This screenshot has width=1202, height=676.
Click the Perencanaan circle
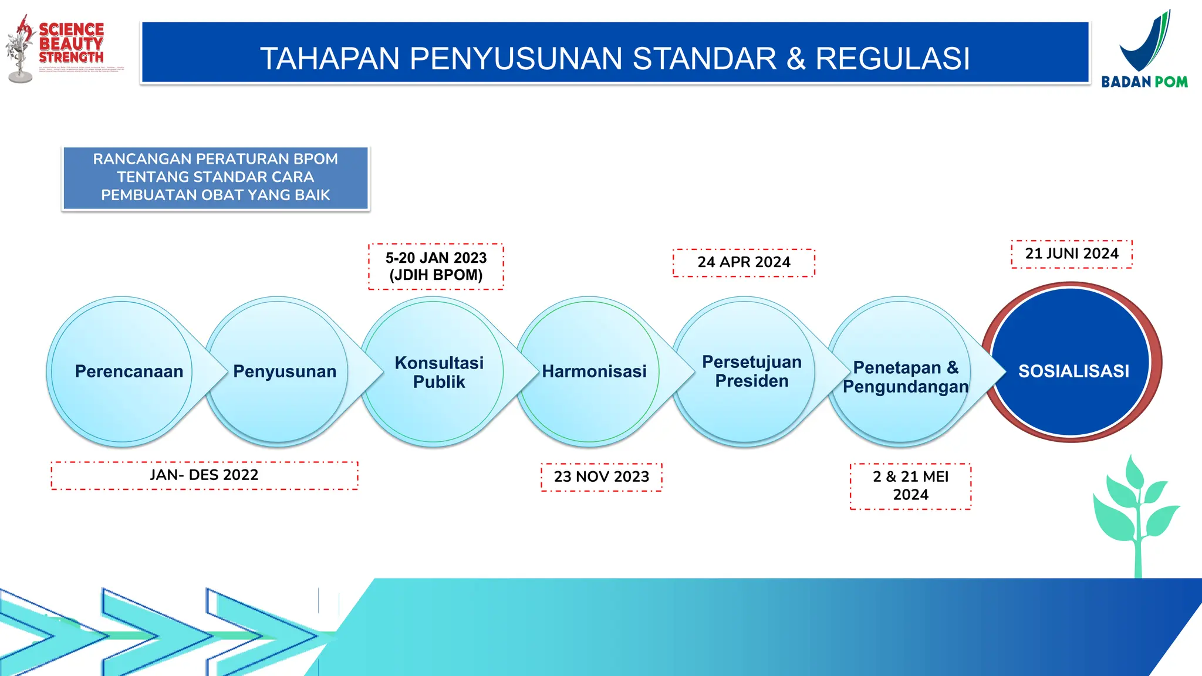(123, 371)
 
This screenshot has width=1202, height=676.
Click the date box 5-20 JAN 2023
(436, 266)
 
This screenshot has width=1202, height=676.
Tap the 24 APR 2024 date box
(744, 262)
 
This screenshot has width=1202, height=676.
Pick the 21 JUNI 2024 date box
(1072, 254)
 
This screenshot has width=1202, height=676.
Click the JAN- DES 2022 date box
(204, 475)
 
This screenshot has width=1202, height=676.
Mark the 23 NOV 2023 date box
(602, 476)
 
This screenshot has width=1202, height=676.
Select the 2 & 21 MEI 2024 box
(910, 486)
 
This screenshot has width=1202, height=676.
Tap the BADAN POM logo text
(1144, 82)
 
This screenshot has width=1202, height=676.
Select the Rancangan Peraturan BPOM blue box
(215, 178)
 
